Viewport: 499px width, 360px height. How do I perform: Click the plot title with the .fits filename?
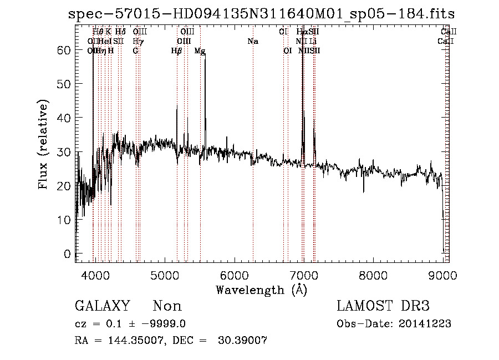pyautogui.click(x=261, y=13)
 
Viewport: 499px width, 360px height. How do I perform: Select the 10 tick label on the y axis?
pyautogui.click(x=65, y=220)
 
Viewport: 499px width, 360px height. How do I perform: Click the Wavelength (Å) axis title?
pyautogui.click(x=261, y=290)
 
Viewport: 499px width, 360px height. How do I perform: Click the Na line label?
pyautogui.click(x=253, y=41)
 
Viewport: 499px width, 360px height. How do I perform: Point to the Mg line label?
pyautogui.click(x=200, y=50)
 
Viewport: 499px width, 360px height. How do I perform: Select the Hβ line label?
pyautogui.click(x=177, y=50)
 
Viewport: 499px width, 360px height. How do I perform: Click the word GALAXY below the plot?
pyautogui.click(x=102, y=306)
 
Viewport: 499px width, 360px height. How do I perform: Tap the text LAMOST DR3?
pyautogui.click(x=383, y=306)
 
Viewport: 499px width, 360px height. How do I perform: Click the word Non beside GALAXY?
pyautogui.click(x=167, y=306)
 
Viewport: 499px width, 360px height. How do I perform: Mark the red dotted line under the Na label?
pyautogui.click(x=253, y=166)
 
